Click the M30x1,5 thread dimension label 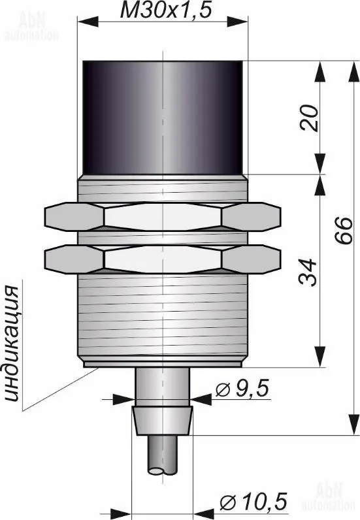165,10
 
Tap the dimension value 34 308,272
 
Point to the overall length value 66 343,231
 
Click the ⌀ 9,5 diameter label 242,389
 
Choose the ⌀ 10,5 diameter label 253,500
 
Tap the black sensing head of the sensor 163,118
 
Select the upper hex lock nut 163,217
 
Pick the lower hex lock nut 163,259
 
